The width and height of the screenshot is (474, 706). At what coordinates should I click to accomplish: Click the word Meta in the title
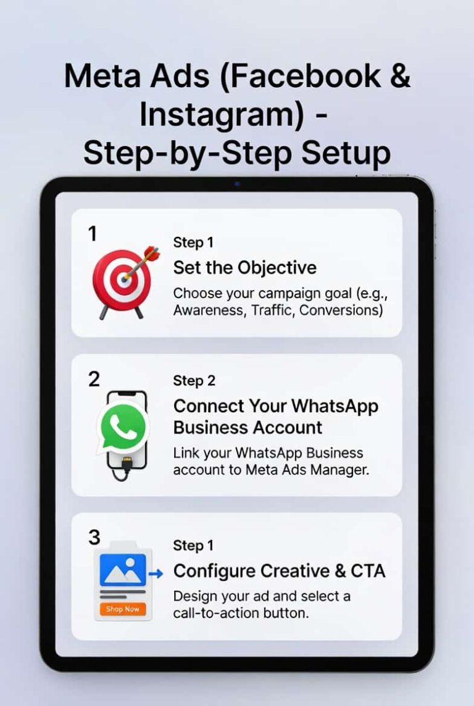pyautogui.click(x=103, y=76)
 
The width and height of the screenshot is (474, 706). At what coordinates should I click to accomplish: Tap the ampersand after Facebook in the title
pyautogui.click(x=400, y=75)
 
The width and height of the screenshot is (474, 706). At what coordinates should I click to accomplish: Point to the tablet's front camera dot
pyautogui.click(x=237, y=184)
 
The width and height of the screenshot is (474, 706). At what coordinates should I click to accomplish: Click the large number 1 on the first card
pyautogui.click(x=93, y=234)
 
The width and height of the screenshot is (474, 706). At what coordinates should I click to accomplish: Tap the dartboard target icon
pyautogui.click(x=125, y=283)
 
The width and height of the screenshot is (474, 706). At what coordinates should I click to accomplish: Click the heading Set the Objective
pyautogui.click(x=245, y=268)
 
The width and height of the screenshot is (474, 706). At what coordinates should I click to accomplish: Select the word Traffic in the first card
pyautogui.click(x=272, y=310)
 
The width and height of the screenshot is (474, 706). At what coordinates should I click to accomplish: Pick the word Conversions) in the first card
pyautogui.click(x=341, y=310)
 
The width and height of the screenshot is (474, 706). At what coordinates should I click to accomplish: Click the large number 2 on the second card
pyautogui.click(x=94, y=379)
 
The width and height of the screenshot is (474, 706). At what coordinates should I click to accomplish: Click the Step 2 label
pyautogui.click(x=194, y=381)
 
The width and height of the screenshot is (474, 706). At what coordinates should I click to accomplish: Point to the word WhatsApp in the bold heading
pyautogui.click(x=335, y=406)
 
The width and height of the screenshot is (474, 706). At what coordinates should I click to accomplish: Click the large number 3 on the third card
pyautogui.click(x=94, y=537)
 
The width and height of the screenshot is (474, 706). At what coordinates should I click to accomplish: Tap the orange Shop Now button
pyautogui.click(x=123, y=609)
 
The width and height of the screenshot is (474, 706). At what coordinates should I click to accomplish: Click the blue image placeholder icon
pyautogui.click(x=123, y=570)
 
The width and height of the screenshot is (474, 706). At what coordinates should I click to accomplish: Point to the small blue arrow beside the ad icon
pyautogui.click(x=156, y=574)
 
